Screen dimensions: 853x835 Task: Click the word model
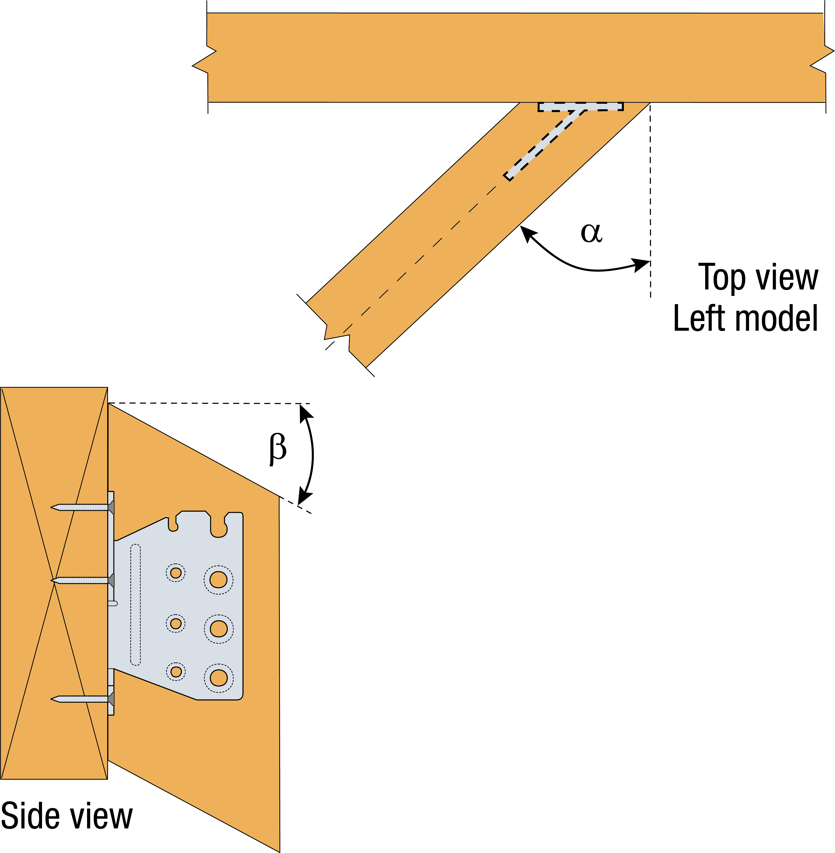(x=776, y=319)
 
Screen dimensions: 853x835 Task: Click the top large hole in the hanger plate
(x=218, y=580)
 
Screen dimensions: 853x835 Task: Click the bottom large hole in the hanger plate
(x=218, y=678)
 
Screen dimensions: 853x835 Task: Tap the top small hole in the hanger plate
(x=176, y=573)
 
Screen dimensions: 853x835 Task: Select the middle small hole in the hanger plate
(x=176, y=623)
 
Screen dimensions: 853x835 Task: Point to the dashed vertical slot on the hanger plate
(x=136, y=605)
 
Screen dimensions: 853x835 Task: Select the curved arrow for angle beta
(x=312, y=456)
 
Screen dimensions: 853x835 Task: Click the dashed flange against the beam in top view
(x=581, y=106)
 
